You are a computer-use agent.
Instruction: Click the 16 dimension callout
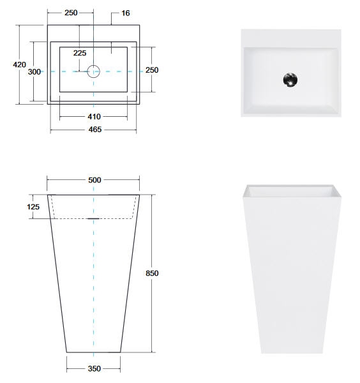coord(126,13)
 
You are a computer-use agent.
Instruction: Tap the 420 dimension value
coord(19,64)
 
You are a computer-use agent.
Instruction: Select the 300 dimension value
coord(34,71)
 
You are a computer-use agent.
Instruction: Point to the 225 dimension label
coord(80,53)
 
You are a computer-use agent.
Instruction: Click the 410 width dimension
coord(94,117)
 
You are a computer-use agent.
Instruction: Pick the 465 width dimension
coord(94,130)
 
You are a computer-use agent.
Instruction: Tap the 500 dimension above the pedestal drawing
coord(94,180)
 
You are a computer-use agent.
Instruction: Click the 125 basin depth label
coord(33,207)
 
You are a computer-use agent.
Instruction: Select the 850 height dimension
coord(152,273)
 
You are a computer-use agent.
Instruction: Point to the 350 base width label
coord(94,368)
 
